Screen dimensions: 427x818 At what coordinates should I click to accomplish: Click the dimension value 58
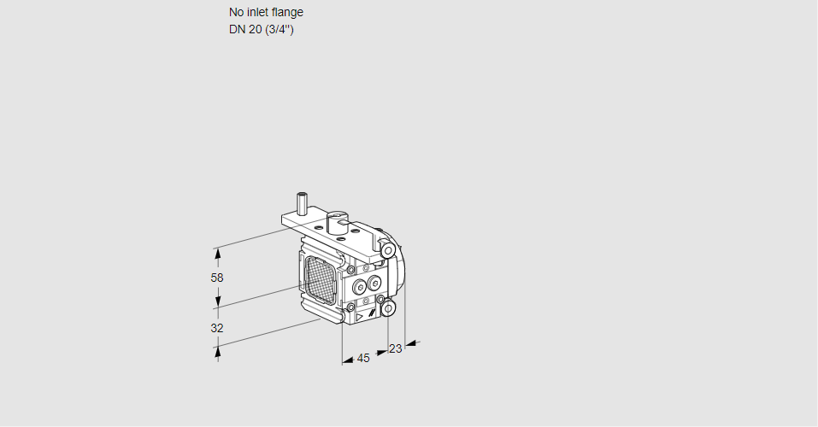[x=217, y=278]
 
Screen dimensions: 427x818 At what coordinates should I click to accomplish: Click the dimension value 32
[x=217, y=328]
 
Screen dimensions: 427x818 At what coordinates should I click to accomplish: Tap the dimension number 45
[x=363, y=358]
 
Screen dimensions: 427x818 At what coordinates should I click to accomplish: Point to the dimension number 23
[x=395, y=348]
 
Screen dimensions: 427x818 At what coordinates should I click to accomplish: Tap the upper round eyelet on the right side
[x=389, y=250]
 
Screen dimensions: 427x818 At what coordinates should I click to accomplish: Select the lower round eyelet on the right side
[x=388, y=307]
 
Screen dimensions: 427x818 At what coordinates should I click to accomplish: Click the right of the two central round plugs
[x=374, y=284]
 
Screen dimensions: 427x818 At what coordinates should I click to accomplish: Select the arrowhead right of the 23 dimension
[x=410, y=343]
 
